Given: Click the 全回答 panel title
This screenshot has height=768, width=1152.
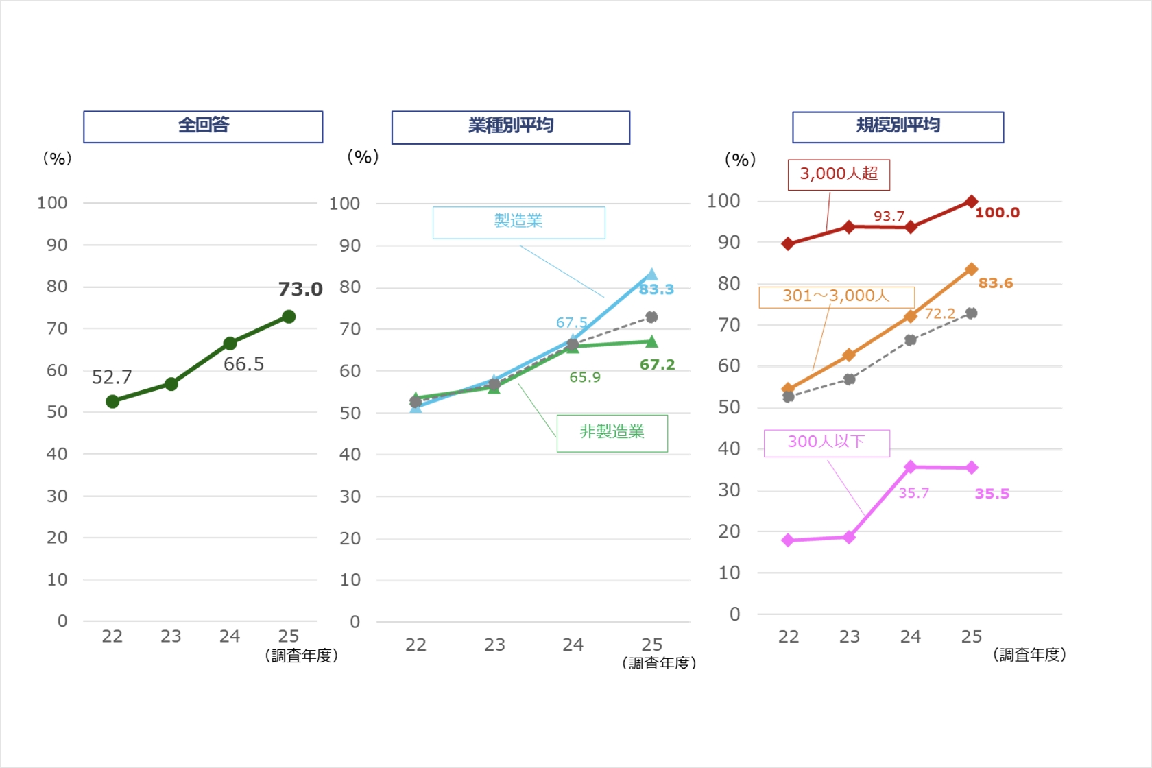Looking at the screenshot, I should (203, 126).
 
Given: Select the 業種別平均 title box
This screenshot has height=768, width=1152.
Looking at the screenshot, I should (510, 127).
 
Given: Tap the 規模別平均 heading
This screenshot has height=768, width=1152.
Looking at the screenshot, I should (898, 127).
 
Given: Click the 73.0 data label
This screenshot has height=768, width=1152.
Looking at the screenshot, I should (300, 289).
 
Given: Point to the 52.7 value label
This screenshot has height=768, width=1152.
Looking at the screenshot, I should (112, 377).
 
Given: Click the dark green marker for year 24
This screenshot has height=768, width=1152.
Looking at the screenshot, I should (230, 344).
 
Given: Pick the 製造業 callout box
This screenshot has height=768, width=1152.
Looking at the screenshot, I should (518, 222).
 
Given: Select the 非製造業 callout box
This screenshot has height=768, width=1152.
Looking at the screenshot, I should (612, 433).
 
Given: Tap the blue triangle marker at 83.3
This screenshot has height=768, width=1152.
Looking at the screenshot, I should (651, 275).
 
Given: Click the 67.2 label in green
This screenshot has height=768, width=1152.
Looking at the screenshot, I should (657, 365).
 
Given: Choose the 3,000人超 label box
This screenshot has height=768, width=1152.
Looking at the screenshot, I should (839, 174).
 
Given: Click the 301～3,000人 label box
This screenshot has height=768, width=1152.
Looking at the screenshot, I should (836, 296).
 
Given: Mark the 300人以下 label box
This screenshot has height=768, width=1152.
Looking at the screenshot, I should (826, 442).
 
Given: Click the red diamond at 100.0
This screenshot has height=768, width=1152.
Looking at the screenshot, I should (971, 202).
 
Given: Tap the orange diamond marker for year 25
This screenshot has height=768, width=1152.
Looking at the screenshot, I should (971, 269).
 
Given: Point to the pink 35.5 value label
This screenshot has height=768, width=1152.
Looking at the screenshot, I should (992, 494).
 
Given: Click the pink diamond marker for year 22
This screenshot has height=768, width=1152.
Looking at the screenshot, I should (788, 540).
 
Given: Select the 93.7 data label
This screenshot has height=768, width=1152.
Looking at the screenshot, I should (889, 216).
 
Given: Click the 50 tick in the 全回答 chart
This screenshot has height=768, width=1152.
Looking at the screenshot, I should (57, 412).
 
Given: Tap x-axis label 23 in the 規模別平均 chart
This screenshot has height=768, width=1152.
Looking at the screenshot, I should (849, 637).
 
